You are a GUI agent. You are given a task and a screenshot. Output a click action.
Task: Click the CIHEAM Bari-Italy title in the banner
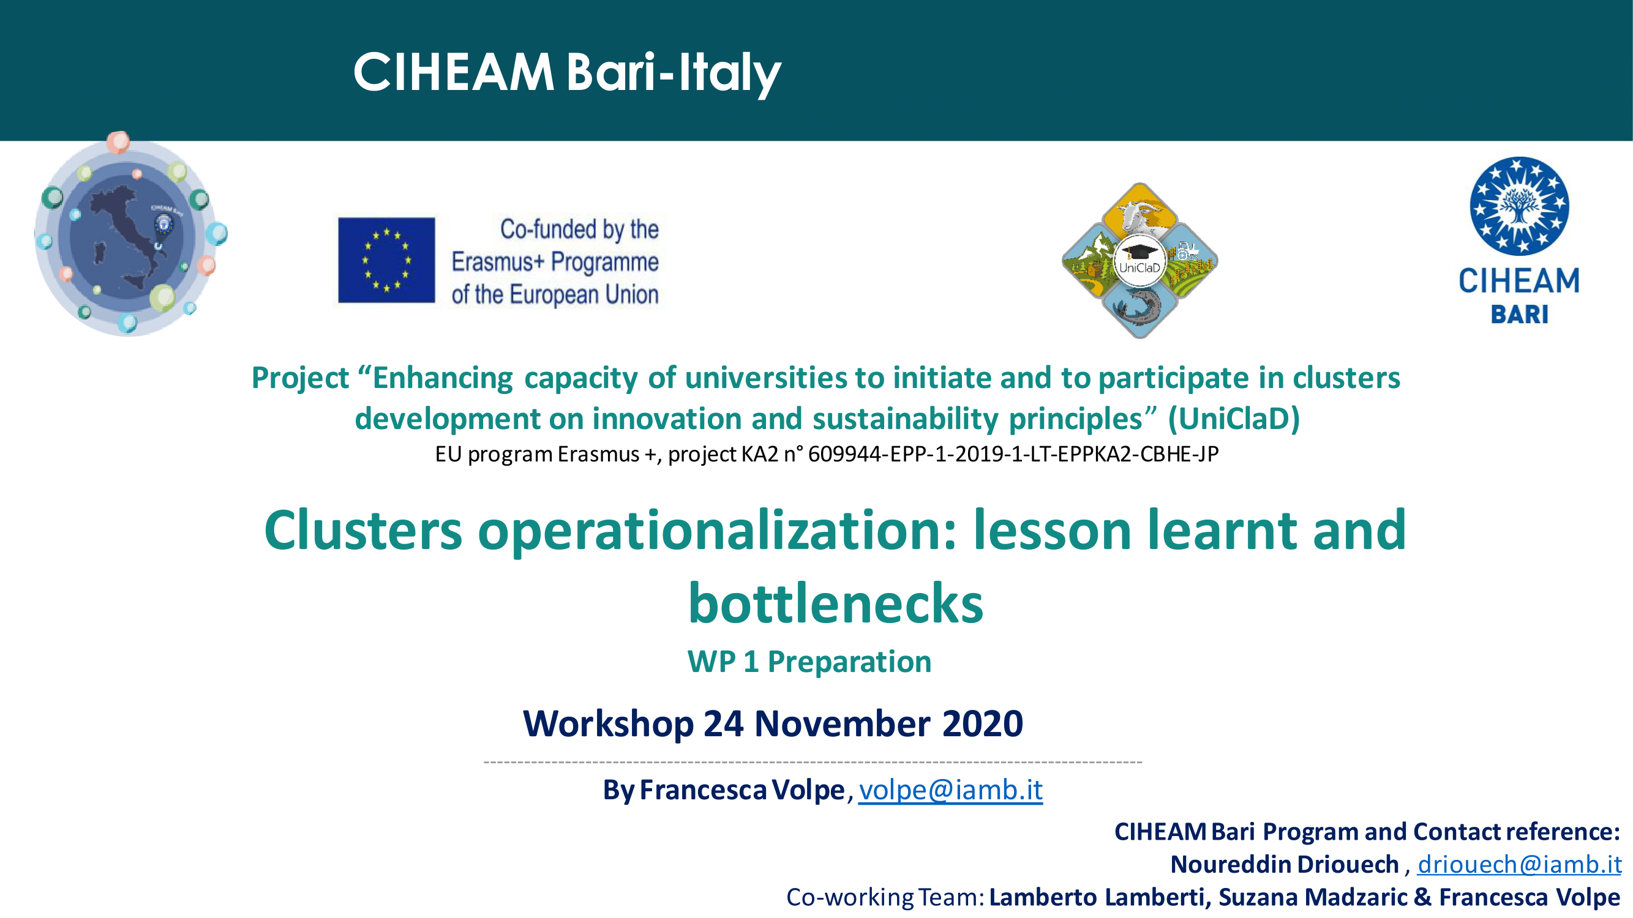(x=567, y=73)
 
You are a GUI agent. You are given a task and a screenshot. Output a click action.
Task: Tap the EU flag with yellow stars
(x=386, y=259)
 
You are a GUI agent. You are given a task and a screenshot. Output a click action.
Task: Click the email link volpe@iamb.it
(x=950, y=789)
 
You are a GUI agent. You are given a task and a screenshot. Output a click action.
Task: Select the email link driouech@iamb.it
(x=1519, y=864)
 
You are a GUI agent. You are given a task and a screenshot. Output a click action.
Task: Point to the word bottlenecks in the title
(x=836, y=603)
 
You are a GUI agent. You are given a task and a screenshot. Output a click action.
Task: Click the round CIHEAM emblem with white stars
(x=1519, y=206)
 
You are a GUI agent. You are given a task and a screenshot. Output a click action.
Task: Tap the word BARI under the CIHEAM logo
(x=1519, y=314)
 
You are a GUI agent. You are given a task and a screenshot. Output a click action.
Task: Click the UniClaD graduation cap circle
(x=1139, y=259)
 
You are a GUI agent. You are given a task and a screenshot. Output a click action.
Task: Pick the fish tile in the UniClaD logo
(x=1139, y=308)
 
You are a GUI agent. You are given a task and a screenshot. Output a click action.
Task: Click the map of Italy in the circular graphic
(x=130, y=234)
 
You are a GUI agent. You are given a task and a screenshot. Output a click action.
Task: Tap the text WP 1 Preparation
(x=809, y=662)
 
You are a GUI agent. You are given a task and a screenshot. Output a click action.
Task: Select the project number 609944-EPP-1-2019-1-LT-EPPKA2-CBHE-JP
(x=1013, y=453)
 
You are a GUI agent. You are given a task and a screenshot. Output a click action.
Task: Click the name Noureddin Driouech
(x=1285, y=864)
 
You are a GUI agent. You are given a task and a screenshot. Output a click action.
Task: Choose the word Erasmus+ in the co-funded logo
(x=498, y=262)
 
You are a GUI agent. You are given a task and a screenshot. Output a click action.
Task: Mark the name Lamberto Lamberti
(x=1097, y=897)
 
